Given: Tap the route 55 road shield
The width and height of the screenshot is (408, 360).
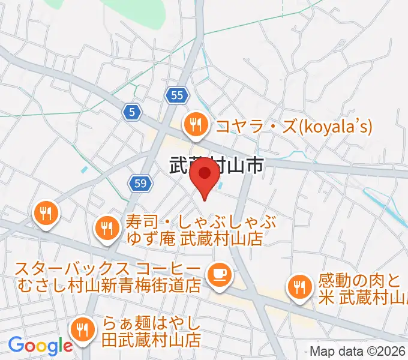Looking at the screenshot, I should [176, 95].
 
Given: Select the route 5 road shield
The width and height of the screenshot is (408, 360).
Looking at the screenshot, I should [132, 111].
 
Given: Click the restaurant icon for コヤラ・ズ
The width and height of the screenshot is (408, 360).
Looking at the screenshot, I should [196, 125].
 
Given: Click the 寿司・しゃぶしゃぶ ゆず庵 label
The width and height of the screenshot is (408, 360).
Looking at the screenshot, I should [194, 230].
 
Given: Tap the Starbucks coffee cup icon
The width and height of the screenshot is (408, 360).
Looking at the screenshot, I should [217, 275].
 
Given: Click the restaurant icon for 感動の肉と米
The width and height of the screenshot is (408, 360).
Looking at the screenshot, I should [298, 287].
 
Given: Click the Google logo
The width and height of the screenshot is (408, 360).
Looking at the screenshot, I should [40, 346].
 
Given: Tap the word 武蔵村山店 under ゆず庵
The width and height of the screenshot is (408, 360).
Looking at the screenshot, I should [222, 239].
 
